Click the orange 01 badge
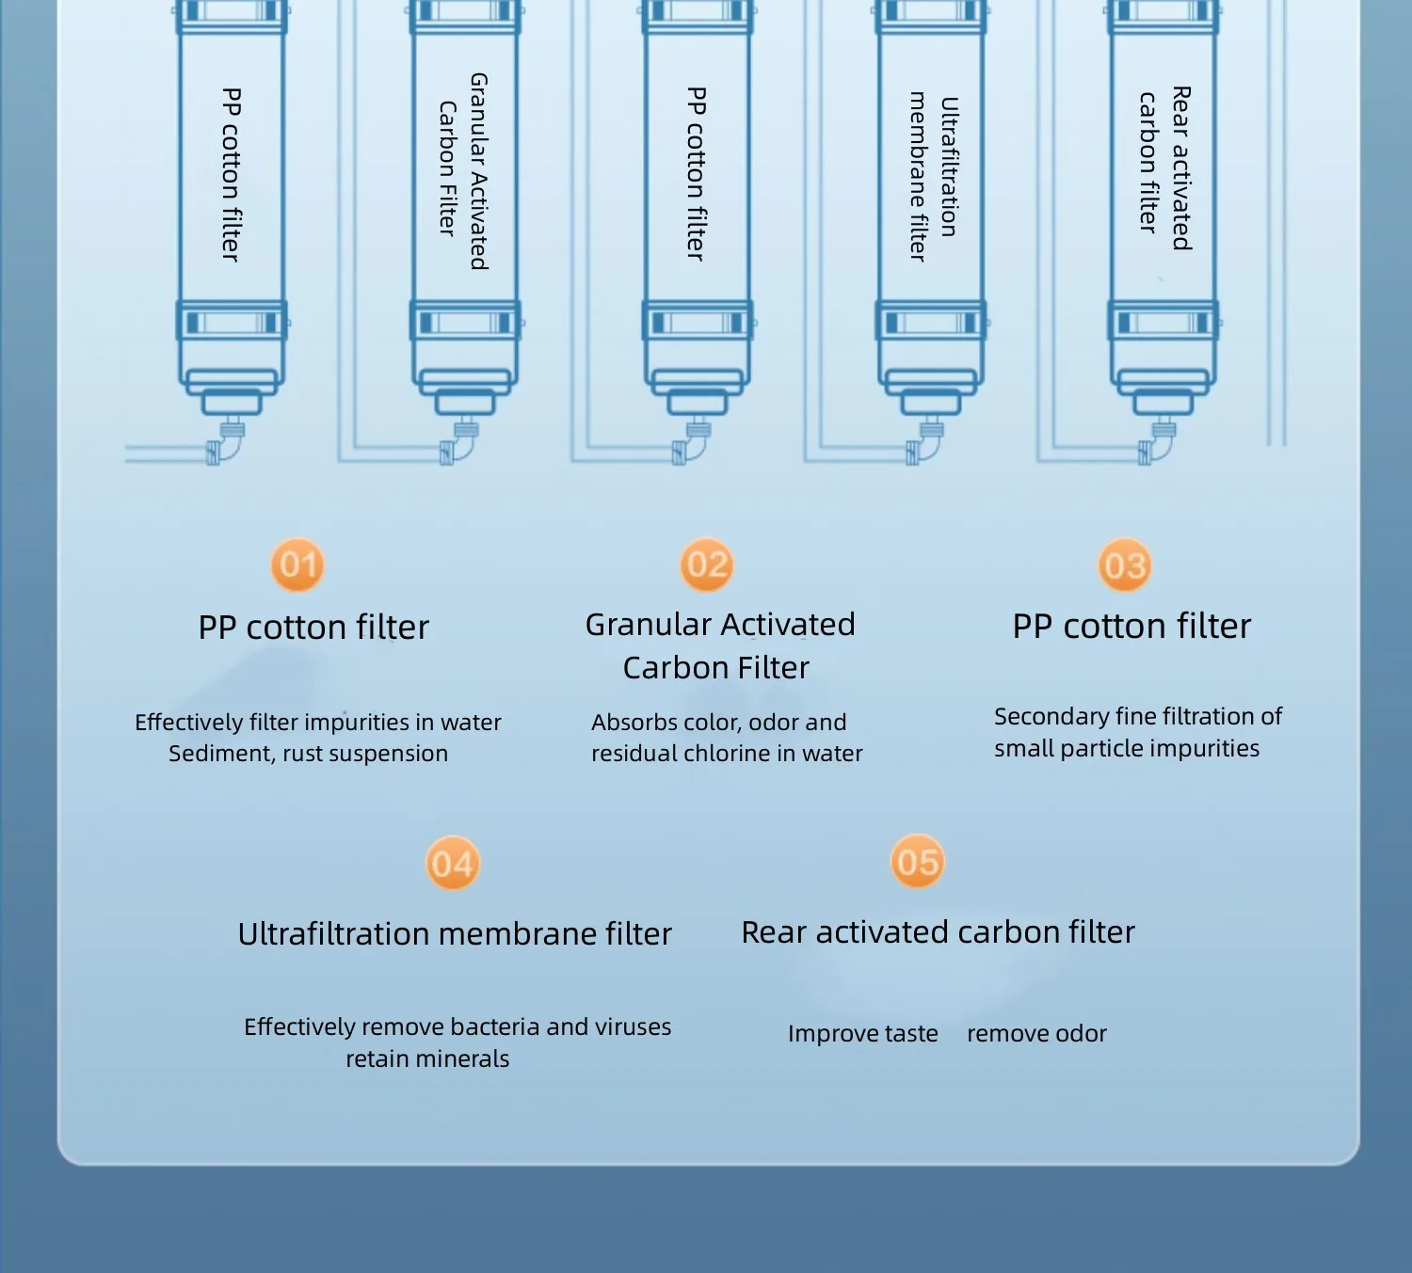297,565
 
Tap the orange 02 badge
707,565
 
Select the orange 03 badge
1125,566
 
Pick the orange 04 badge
453,864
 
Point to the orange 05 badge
918,862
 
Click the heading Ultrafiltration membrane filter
455,933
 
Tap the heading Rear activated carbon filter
938,931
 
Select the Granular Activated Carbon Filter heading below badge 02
719,645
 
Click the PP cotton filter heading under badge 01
313,627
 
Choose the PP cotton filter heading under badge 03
1131,626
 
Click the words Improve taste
862,1033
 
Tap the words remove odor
1036,1033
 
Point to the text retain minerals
427,1058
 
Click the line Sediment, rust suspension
308,753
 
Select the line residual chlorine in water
727,753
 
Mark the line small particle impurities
1127,748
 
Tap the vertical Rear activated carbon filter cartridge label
1164,167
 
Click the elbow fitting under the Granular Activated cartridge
460,443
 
